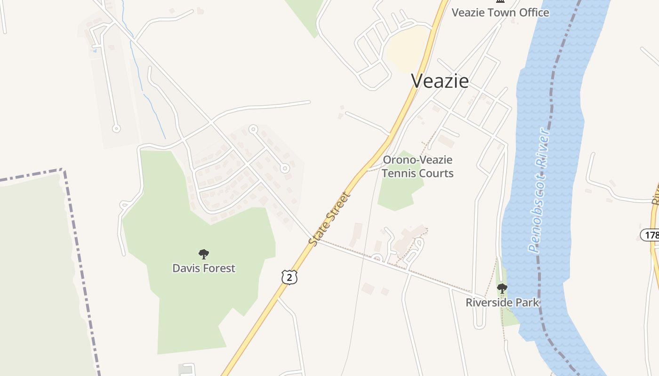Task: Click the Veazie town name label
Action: click(x=440, y=81)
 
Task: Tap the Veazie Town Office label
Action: click(x=500, y=13)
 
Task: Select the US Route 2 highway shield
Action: click(x=289, y=277)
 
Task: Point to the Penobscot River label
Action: click(x=539, y=190)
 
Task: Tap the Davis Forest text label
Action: click(x=204, y=268)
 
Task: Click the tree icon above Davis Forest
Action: click(x=204, y=254)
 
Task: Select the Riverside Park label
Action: click(x=502, y=302)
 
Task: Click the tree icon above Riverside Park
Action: click(x=502, y=288)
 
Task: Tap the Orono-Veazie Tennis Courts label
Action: click(x=418, y=166)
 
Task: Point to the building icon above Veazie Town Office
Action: click(x=500, y=1)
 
